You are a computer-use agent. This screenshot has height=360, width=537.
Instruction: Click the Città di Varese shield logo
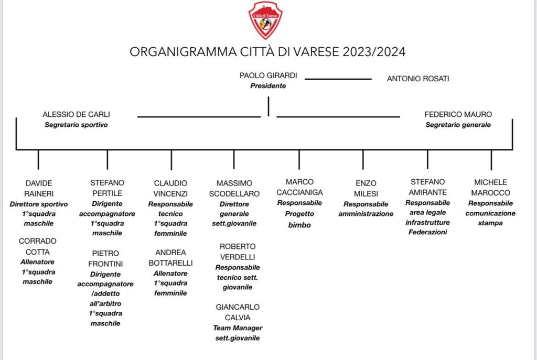click(x=265, y=20)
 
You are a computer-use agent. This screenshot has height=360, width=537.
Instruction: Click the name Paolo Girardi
click(x=268, y=75)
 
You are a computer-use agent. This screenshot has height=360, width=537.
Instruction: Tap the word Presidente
click(x=268, y=85)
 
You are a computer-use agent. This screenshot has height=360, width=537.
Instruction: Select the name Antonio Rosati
click(x=418, y=79)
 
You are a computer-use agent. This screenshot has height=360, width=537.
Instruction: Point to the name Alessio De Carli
click(x=76, y=114)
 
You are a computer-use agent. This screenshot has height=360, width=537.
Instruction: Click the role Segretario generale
click(x=458, y=125)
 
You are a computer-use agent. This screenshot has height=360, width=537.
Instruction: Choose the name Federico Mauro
click(x=458, y=114)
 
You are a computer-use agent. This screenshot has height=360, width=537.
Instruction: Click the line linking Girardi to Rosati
click(x=338, y=79)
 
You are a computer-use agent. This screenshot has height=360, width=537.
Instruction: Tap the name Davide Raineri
click(x=39, y=188)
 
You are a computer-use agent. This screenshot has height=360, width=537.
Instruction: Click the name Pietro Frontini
click(x=106, y=258)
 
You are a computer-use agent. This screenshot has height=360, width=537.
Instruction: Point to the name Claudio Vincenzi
click(x=170, y=188)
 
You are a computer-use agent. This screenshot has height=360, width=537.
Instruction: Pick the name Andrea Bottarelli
click(x=170, y=257)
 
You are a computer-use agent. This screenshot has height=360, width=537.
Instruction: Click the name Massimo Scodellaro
click(x=234, y=188)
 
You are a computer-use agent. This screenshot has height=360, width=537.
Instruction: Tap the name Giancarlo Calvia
click(x=238, y=312)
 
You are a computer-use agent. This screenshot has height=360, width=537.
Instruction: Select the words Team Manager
click(x=238, y=328)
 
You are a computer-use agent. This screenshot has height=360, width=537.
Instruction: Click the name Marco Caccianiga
click(x=299, y=187)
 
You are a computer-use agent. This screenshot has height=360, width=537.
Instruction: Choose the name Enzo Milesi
click(x=366, y=188)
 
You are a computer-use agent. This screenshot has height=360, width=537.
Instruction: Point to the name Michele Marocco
click(x=491, y=188)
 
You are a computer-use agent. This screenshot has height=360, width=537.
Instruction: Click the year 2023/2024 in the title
click(x=374, y=52)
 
